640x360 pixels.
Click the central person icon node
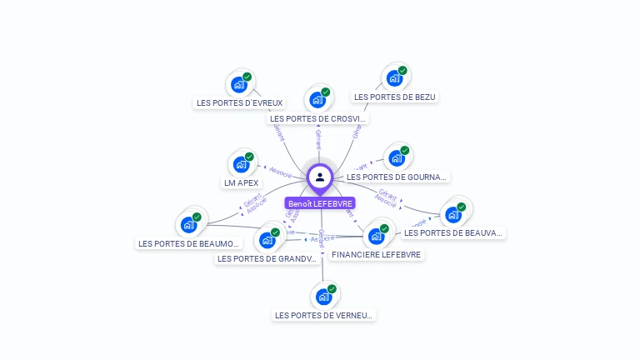[x=320, y=177]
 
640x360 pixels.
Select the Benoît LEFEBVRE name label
[x=320, y=203]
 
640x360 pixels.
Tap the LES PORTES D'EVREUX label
[x=240, y=103]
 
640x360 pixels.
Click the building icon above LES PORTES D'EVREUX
[x=239, y=84]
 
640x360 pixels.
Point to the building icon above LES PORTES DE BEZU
[x=394, y=77]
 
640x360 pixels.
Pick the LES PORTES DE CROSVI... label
[x=318, y=118]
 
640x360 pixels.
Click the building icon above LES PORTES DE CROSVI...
[x=317, y=99]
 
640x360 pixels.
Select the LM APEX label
[x=242, y=182]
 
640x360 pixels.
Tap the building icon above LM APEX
[x=241, y=164]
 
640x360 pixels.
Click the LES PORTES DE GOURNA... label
[x=397, y=177]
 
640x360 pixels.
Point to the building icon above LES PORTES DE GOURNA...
[x=397, y=157]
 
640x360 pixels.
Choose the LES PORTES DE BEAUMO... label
[x=189, y=243]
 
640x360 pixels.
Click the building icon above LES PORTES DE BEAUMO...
[x=189, y=224]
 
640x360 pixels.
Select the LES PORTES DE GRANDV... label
[x=267, y=258]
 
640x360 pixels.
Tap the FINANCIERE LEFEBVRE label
[x=376, y=254]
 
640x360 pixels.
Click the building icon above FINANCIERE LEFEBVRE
[x=377, y=236]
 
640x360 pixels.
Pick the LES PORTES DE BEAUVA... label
[x=454, y=232]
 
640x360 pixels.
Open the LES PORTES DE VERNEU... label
[x=325, y=315]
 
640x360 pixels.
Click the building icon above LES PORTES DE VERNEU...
[x=324, y=296]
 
